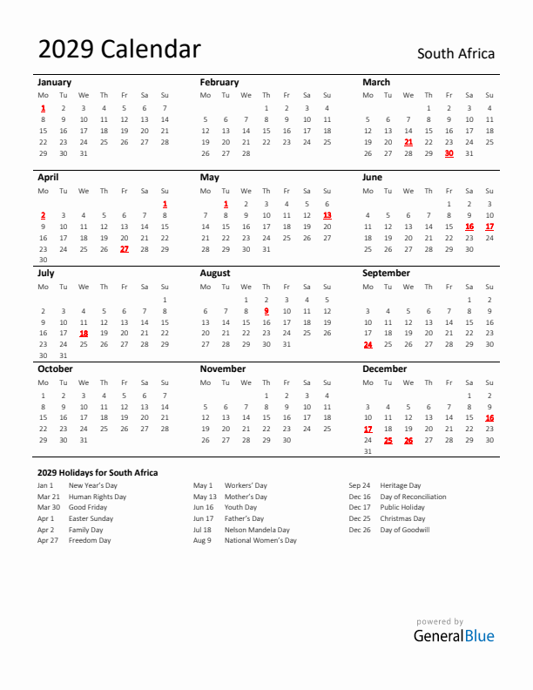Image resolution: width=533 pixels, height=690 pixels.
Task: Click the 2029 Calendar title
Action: pyautogui.click(x=119, y=50)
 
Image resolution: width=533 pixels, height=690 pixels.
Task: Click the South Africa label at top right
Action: pyautogui.click(x=455, y=54)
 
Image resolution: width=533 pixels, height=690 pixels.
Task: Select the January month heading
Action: pyautogui.click(x=54, y=82)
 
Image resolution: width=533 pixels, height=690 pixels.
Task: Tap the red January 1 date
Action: pyautogui.click(x=43, y=108)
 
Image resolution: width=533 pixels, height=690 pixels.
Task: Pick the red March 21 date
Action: pyautogui.click(x=408, y=141)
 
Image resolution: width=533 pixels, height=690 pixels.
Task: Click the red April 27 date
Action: pyautogui.click(x=124, y=248)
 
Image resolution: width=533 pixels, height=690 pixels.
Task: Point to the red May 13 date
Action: pyautogui.click(x=327, y=214)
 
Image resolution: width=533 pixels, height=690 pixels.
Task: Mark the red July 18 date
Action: pyautogui.click(x=84, y=333)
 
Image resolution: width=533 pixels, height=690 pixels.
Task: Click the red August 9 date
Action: pyautogui.click(x=266, y=310)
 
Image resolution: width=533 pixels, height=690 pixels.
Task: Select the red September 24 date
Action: pyautogui.click(x=368, y=344)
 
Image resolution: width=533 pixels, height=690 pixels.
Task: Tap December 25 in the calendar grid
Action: pyautogui.click(x=388, y=440)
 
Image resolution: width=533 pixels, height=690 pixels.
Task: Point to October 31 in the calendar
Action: pyautogui.click(x=84, y=440)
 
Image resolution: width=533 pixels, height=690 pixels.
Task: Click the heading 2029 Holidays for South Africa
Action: pyautogui.click(x=98, y=472)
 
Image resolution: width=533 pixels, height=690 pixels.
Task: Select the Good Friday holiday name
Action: pyautogui.click(x=88, y=507)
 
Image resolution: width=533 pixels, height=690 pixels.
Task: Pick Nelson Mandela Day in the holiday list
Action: pyautogui.click(x=257, y=529)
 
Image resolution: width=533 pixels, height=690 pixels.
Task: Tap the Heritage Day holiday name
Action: pyautogui.click(x=400, y=485)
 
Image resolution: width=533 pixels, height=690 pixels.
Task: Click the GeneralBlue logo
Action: pyautogui.click(x=453, y=635)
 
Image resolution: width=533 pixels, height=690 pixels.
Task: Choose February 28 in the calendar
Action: pyautogui.click(x=246, y=152)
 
